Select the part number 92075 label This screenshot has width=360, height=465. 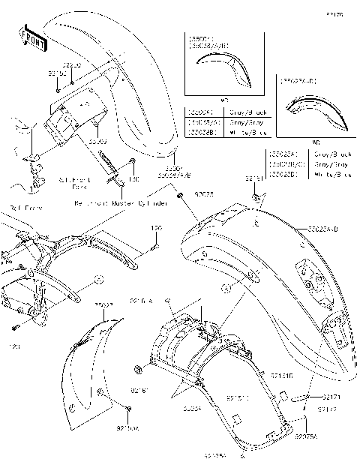203,194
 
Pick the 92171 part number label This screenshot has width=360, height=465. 334,395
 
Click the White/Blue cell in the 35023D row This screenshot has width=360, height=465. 333,175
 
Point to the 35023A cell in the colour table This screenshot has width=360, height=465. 286,153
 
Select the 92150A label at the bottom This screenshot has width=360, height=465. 127,428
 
